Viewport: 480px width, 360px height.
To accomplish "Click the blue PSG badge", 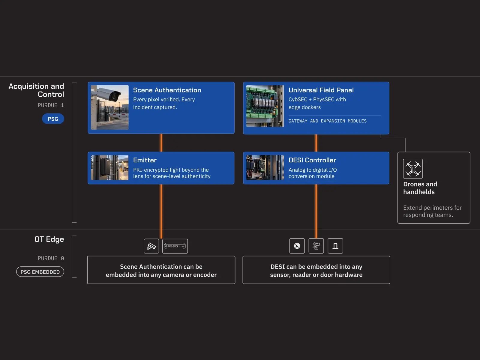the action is [x=53, y=119].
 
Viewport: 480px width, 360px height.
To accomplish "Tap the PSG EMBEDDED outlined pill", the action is [x=40, y=272].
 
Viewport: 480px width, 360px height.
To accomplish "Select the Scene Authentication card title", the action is [x=167, y=90].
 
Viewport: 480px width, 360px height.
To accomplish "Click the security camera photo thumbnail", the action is [x=110, y=107].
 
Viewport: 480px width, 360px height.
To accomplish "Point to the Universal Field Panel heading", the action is [x=321, y=90].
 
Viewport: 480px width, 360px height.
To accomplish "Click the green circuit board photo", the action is [x=265, y=106].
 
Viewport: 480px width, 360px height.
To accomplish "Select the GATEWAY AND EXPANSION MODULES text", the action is [x=328, y=121].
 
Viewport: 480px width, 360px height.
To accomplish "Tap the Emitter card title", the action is [x=145, y=160].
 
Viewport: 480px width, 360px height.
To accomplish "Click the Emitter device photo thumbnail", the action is [x=110, y=168].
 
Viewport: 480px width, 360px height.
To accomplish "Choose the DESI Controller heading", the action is [x=312, y=160].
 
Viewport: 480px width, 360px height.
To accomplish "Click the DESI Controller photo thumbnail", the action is [x=265, y=168].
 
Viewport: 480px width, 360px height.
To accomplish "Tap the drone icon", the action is [x=413, y=169].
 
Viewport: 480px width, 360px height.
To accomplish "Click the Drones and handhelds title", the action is [x=420, y=188].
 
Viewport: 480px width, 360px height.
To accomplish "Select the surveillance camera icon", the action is [x=151, y=246].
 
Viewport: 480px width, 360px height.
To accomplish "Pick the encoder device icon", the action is [x=175, y=246].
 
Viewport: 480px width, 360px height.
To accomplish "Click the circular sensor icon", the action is [x=297, y=246].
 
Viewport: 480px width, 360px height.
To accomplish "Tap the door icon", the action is [x=335, y=246].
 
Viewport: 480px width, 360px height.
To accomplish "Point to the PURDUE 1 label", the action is [x=51, y=105].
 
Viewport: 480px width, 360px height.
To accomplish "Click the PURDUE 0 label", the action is [x=51, y=258].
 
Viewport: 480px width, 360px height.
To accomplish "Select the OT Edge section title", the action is [x=49, y=239].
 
